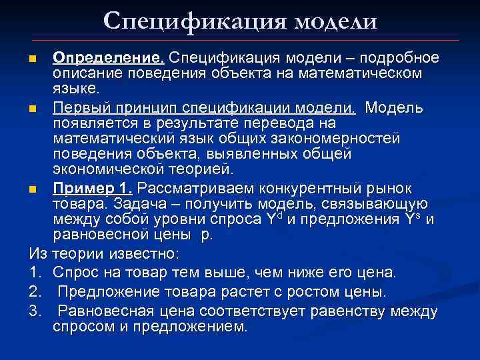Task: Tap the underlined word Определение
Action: (109, 58)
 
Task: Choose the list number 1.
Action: (35, 273)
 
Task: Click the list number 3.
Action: (35, 311)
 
